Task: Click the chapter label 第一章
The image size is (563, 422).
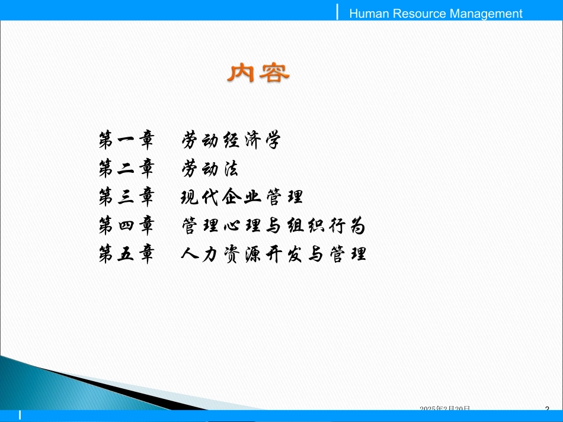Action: click(126, 141)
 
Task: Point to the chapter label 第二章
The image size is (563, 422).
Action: click(126, 169)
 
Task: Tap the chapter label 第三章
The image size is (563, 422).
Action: click(126, 197)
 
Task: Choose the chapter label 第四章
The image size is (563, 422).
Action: click(126, 226)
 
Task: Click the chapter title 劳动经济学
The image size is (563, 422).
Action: click(230, 141)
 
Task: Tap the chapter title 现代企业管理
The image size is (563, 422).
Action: click(242, 197)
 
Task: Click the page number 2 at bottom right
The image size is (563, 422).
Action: click(547, 409)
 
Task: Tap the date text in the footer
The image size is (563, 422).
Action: click(445, 409)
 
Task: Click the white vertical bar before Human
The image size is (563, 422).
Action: click(338, 11)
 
